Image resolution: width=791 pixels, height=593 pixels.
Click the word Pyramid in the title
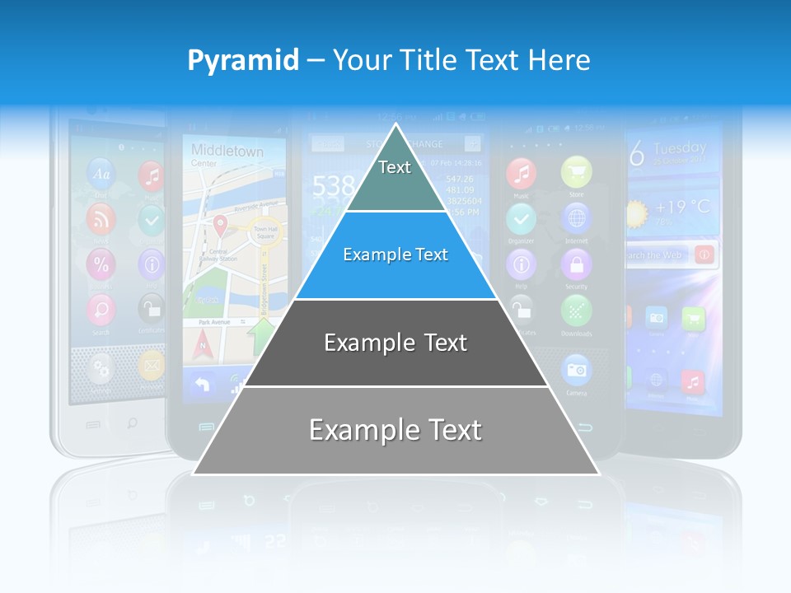[x=243, y=61]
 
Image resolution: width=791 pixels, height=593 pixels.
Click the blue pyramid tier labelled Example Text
[x=395, y=255]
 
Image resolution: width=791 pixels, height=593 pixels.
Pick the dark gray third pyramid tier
[x=395, y=343]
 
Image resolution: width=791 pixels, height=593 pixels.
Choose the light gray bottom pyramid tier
[x=395, y=431]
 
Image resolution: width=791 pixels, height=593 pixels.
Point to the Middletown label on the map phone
[x=227, y=151]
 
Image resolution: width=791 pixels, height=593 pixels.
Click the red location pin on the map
[x=220, y=224]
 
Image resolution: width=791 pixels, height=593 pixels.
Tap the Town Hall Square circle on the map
[x=265, y=235]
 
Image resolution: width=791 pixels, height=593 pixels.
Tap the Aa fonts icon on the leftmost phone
[x=101, y=174]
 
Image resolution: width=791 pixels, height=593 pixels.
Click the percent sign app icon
[x=101, y=264]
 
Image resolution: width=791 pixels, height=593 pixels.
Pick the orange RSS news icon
[x=101, y=219]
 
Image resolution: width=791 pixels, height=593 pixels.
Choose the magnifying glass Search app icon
[x=101, y=310]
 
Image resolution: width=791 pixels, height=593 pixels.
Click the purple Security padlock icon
[x=576, y=265]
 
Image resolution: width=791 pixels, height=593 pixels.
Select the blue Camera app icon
[x=576, y=370]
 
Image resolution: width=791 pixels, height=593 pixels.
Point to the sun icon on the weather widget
[x=637, y=213]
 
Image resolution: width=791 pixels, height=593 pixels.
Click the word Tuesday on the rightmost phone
[x=680, y=149]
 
